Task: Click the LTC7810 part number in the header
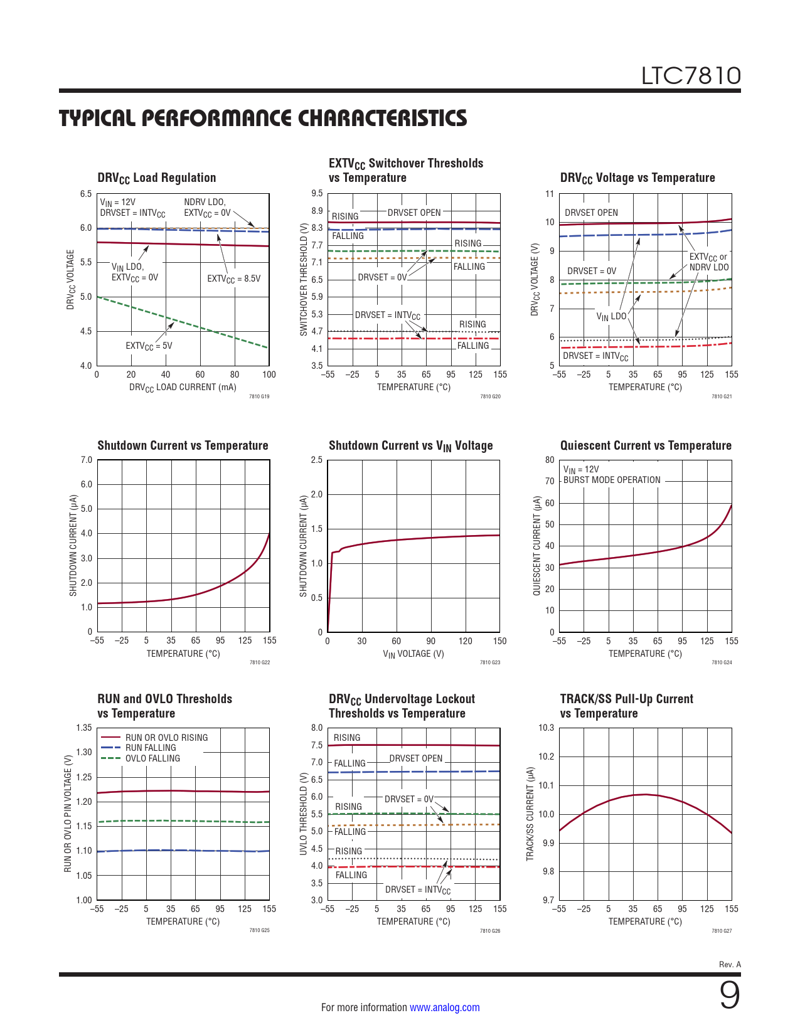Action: (x=690, y=76)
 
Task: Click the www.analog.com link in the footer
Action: (x=444, y=1007)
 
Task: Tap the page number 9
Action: (x=729, y=995)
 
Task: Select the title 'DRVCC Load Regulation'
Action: (x=157, y=178)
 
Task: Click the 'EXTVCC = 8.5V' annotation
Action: (x=233, y=279)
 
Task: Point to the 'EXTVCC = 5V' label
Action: (x=149, y=346)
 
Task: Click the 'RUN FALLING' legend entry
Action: (x=151, y=748)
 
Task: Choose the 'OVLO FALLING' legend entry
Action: (x=152, y=758)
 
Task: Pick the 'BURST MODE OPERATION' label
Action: (x=612, y=480)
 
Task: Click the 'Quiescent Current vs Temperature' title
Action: (x=646, y=445)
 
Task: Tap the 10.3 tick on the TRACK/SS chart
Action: (x=546, y=728)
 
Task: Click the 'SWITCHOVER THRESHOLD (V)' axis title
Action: (x=304, y=279)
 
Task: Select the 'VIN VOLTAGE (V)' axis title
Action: (x=413, y=654)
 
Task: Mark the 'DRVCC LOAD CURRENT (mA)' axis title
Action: (x=183, y=388)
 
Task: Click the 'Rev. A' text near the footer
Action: (x=730, y=964)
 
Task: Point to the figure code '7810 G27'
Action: (x=722, y=931)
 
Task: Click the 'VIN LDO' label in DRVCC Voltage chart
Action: (x=611, y=317)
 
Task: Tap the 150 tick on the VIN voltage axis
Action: (x=499, y=641)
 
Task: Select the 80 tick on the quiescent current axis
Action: (x=550, y=460)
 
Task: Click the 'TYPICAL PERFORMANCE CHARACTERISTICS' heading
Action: (x=263, y=118)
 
